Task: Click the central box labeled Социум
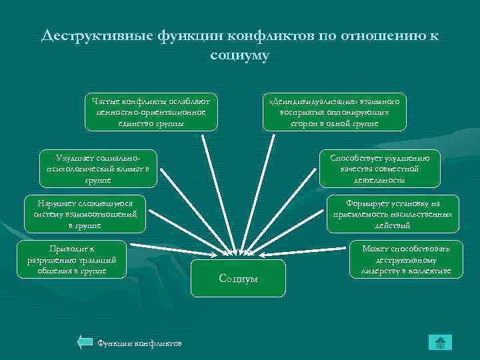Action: [238, 278]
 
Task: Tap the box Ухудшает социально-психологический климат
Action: [99, 167]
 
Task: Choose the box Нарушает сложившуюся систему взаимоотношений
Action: [84, 214]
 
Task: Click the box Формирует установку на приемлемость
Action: [393, 214]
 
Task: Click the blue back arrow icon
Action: [85, 343]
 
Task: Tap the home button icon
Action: [439, 343]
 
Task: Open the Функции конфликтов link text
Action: [139, 343]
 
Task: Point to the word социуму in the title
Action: [239, 55]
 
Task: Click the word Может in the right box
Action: [375, 249]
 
